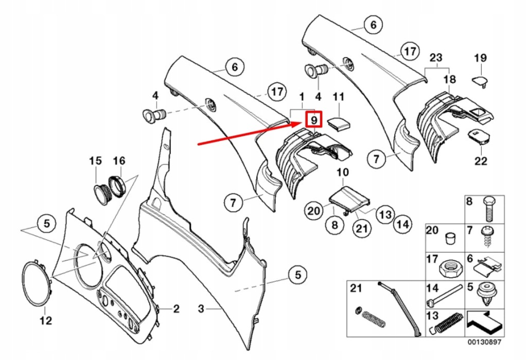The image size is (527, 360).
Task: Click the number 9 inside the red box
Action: coord(313,119)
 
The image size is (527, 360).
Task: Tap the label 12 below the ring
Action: coord(46,321)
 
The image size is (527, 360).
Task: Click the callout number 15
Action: coord(96,161)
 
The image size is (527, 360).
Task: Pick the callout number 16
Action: coord(119,161)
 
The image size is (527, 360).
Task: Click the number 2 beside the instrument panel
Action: coord(176,309)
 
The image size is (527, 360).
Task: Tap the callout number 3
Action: coord(201,309)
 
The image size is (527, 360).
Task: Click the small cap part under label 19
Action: coord(481,80)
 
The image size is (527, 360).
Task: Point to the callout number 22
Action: coord(480,161)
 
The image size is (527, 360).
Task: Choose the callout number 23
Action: coord(436,58)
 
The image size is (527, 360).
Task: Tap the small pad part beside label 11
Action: coord(338,123)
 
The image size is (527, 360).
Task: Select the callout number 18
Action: coord(449,79)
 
